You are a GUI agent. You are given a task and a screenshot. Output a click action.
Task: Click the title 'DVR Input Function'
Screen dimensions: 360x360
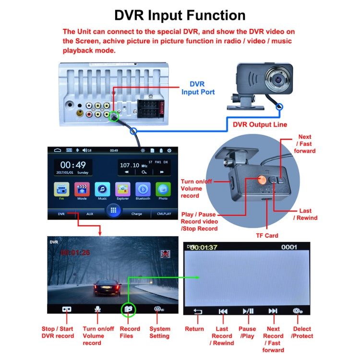click(180, 15)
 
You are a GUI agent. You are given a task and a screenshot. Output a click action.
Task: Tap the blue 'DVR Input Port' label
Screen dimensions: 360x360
click(197, 88)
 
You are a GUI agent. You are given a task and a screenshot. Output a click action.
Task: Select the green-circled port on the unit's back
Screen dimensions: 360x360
click(113, 116)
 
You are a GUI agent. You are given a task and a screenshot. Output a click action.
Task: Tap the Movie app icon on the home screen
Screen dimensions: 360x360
click(82, 190)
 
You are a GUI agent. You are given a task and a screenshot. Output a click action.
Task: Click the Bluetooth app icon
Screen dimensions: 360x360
click(143, 190)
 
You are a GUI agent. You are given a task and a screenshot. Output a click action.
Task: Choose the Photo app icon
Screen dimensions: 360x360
click(163, 190)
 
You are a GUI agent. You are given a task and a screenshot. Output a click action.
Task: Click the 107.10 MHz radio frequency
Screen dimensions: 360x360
click(133, 165)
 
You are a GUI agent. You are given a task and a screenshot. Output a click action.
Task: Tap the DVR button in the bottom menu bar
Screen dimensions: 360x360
click(61, 214)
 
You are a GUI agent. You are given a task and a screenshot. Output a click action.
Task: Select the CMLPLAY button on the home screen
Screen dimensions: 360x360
click(164, 214)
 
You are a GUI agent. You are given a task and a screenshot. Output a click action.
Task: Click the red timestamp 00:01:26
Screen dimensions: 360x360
click(75, 252)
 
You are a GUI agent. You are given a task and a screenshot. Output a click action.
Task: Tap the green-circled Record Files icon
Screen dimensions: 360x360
click(128, 310)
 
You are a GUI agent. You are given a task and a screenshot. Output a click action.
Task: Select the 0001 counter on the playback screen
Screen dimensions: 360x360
click(289, 248)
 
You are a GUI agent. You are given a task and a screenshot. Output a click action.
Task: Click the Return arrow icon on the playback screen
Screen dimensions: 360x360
click(197, 311)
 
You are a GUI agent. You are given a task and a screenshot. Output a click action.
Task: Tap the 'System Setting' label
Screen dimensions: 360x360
click(159, 333)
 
